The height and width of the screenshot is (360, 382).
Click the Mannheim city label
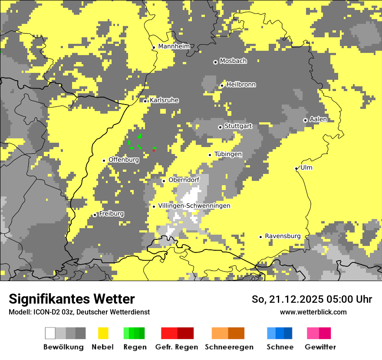click(x=174, y=46)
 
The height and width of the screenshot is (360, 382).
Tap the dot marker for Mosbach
click(x=215, y=62)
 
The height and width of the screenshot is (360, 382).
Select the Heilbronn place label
click(x=241, y=85)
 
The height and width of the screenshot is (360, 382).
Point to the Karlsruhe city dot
click(x=145, y=101)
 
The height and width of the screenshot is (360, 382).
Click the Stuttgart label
click(x=238, y=126)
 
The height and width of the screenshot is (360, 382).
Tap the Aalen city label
click(x=318, y=119)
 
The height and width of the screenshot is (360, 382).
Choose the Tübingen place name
click(x=228, y=154)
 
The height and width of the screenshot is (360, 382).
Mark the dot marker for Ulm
click(x=296, y=168)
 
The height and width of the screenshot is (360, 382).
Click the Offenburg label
click(x=124, y=160)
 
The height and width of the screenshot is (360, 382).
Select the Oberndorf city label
click(x=184, y=180)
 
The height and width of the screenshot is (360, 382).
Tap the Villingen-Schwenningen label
click(x=194, y=206)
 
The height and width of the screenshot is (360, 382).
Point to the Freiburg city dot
click(x=95, y=215)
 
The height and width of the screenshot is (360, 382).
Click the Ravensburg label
click(x=283, y=236)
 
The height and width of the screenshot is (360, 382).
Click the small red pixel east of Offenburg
click(x=154, y=150)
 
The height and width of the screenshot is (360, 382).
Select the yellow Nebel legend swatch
click(x=103, y=333)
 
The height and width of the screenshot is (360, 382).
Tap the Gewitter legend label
click(x=320, y=347)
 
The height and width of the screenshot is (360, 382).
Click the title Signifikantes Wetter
click(x=72, y=299)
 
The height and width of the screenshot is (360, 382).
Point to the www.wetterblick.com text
click(x=313, y=312)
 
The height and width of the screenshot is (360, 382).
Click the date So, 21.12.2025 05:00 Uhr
click(x=312, y=299)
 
